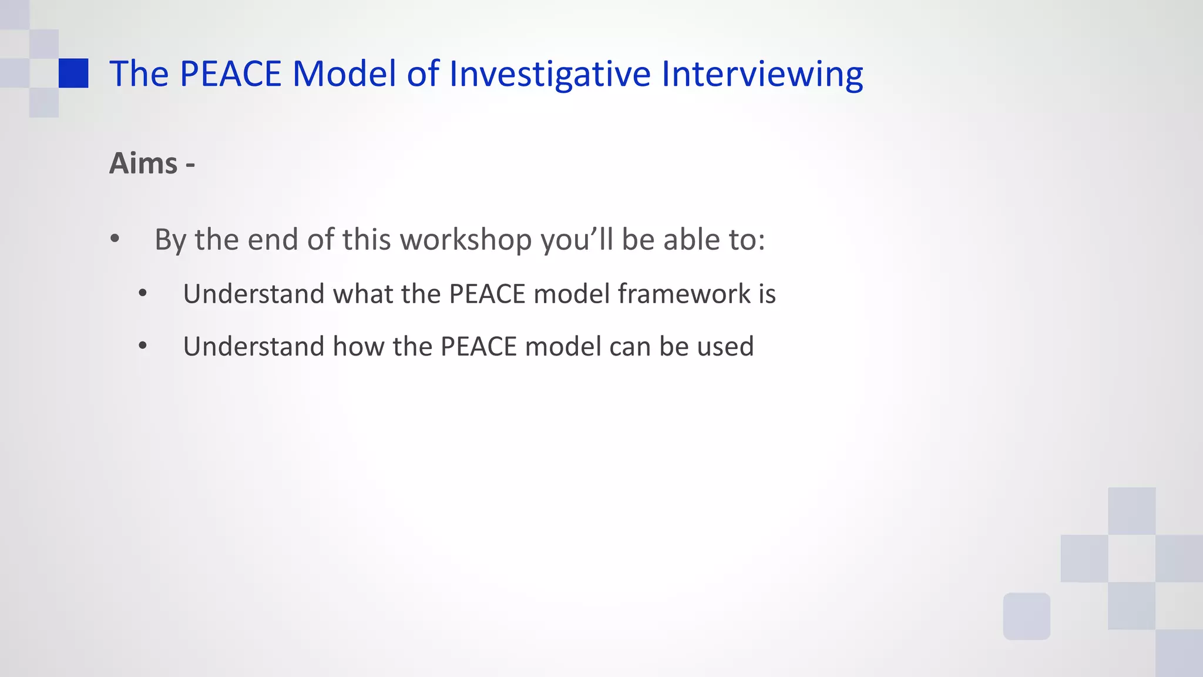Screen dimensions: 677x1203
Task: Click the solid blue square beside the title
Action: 73,73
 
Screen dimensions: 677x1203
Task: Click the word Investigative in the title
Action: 550,74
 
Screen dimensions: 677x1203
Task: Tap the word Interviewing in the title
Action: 762,74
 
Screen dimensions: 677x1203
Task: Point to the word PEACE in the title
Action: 230,74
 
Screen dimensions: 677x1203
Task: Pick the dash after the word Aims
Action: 190,165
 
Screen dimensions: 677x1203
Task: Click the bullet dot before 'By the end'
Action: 115,239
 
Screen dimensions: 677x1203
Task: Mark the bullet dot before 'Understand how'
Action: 143,346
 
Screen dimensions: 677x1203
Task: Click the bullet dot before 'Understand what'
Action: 143,294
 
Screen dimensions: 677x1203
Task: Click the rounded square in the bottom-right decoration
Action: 1026,616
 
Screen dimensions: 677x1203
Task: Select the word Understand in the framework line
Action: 254,294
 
